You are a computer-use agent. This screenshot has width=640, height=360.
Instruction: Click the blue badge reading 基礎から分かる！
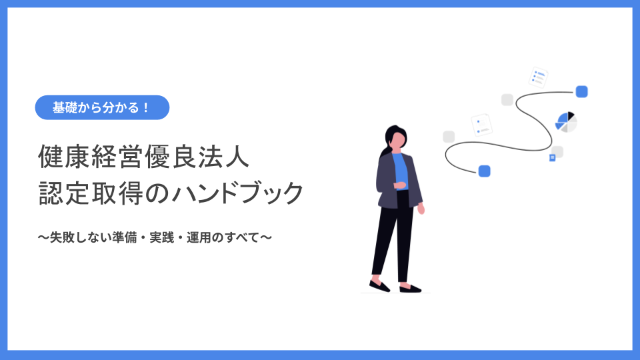(x=102, y=107)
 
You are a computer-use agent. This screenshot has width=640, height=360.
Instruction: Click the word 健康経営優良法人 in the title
(x=144, y=159)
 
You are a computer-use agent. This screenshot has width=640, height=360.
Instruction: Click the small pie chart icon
(x=566, y=122)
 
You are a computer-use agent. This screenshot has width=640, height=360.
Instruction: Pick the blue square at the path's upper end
(x=581, y=92)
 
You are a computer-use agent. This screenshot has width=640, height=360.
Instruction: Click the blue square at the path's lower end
(x=485, y=171)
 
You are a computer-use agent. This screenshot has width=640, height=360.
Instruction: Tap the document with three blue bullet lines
(x=538, y=77)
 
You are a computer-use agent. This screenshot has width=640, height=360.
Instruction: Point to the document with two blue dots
(x=481, y=125)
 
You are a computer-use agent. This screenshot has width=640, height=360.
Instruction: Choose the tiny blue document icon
(x=552, y=157)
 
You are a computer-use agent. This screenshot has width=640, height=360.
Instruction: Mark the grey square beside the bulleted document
(x=507, y=100)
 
